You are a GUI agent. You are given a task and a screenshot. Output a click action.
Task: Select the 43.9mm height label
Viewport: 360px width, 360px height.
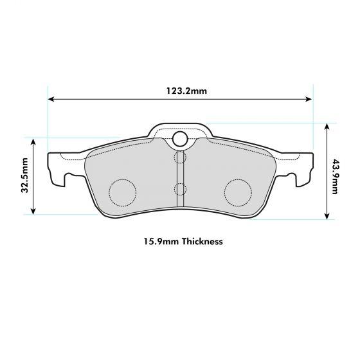pos(335,172)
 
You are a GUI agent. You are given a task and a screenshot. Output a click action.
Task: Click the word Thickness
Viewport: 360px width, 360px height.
pos(202,242)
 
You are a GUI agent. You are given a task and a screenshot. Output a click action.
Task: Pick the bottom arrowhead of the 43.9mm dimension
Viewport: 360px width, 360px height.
pos(327,217)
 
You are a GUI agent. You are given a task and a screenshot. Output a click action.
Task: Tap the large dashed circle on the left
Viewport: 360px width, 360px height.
pos(122,191)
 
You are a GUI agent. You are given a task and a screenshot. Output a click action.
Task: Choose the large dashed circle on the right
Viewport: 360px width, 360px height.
pos(237,191)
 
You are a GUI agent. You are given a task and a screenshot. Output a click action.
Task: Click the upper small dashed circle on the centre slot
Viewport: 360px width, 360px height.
pos(180,157)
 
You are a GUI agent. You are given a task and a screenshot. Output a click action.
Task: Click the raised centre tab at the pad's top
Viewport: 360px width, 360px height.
pos(180,130)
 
